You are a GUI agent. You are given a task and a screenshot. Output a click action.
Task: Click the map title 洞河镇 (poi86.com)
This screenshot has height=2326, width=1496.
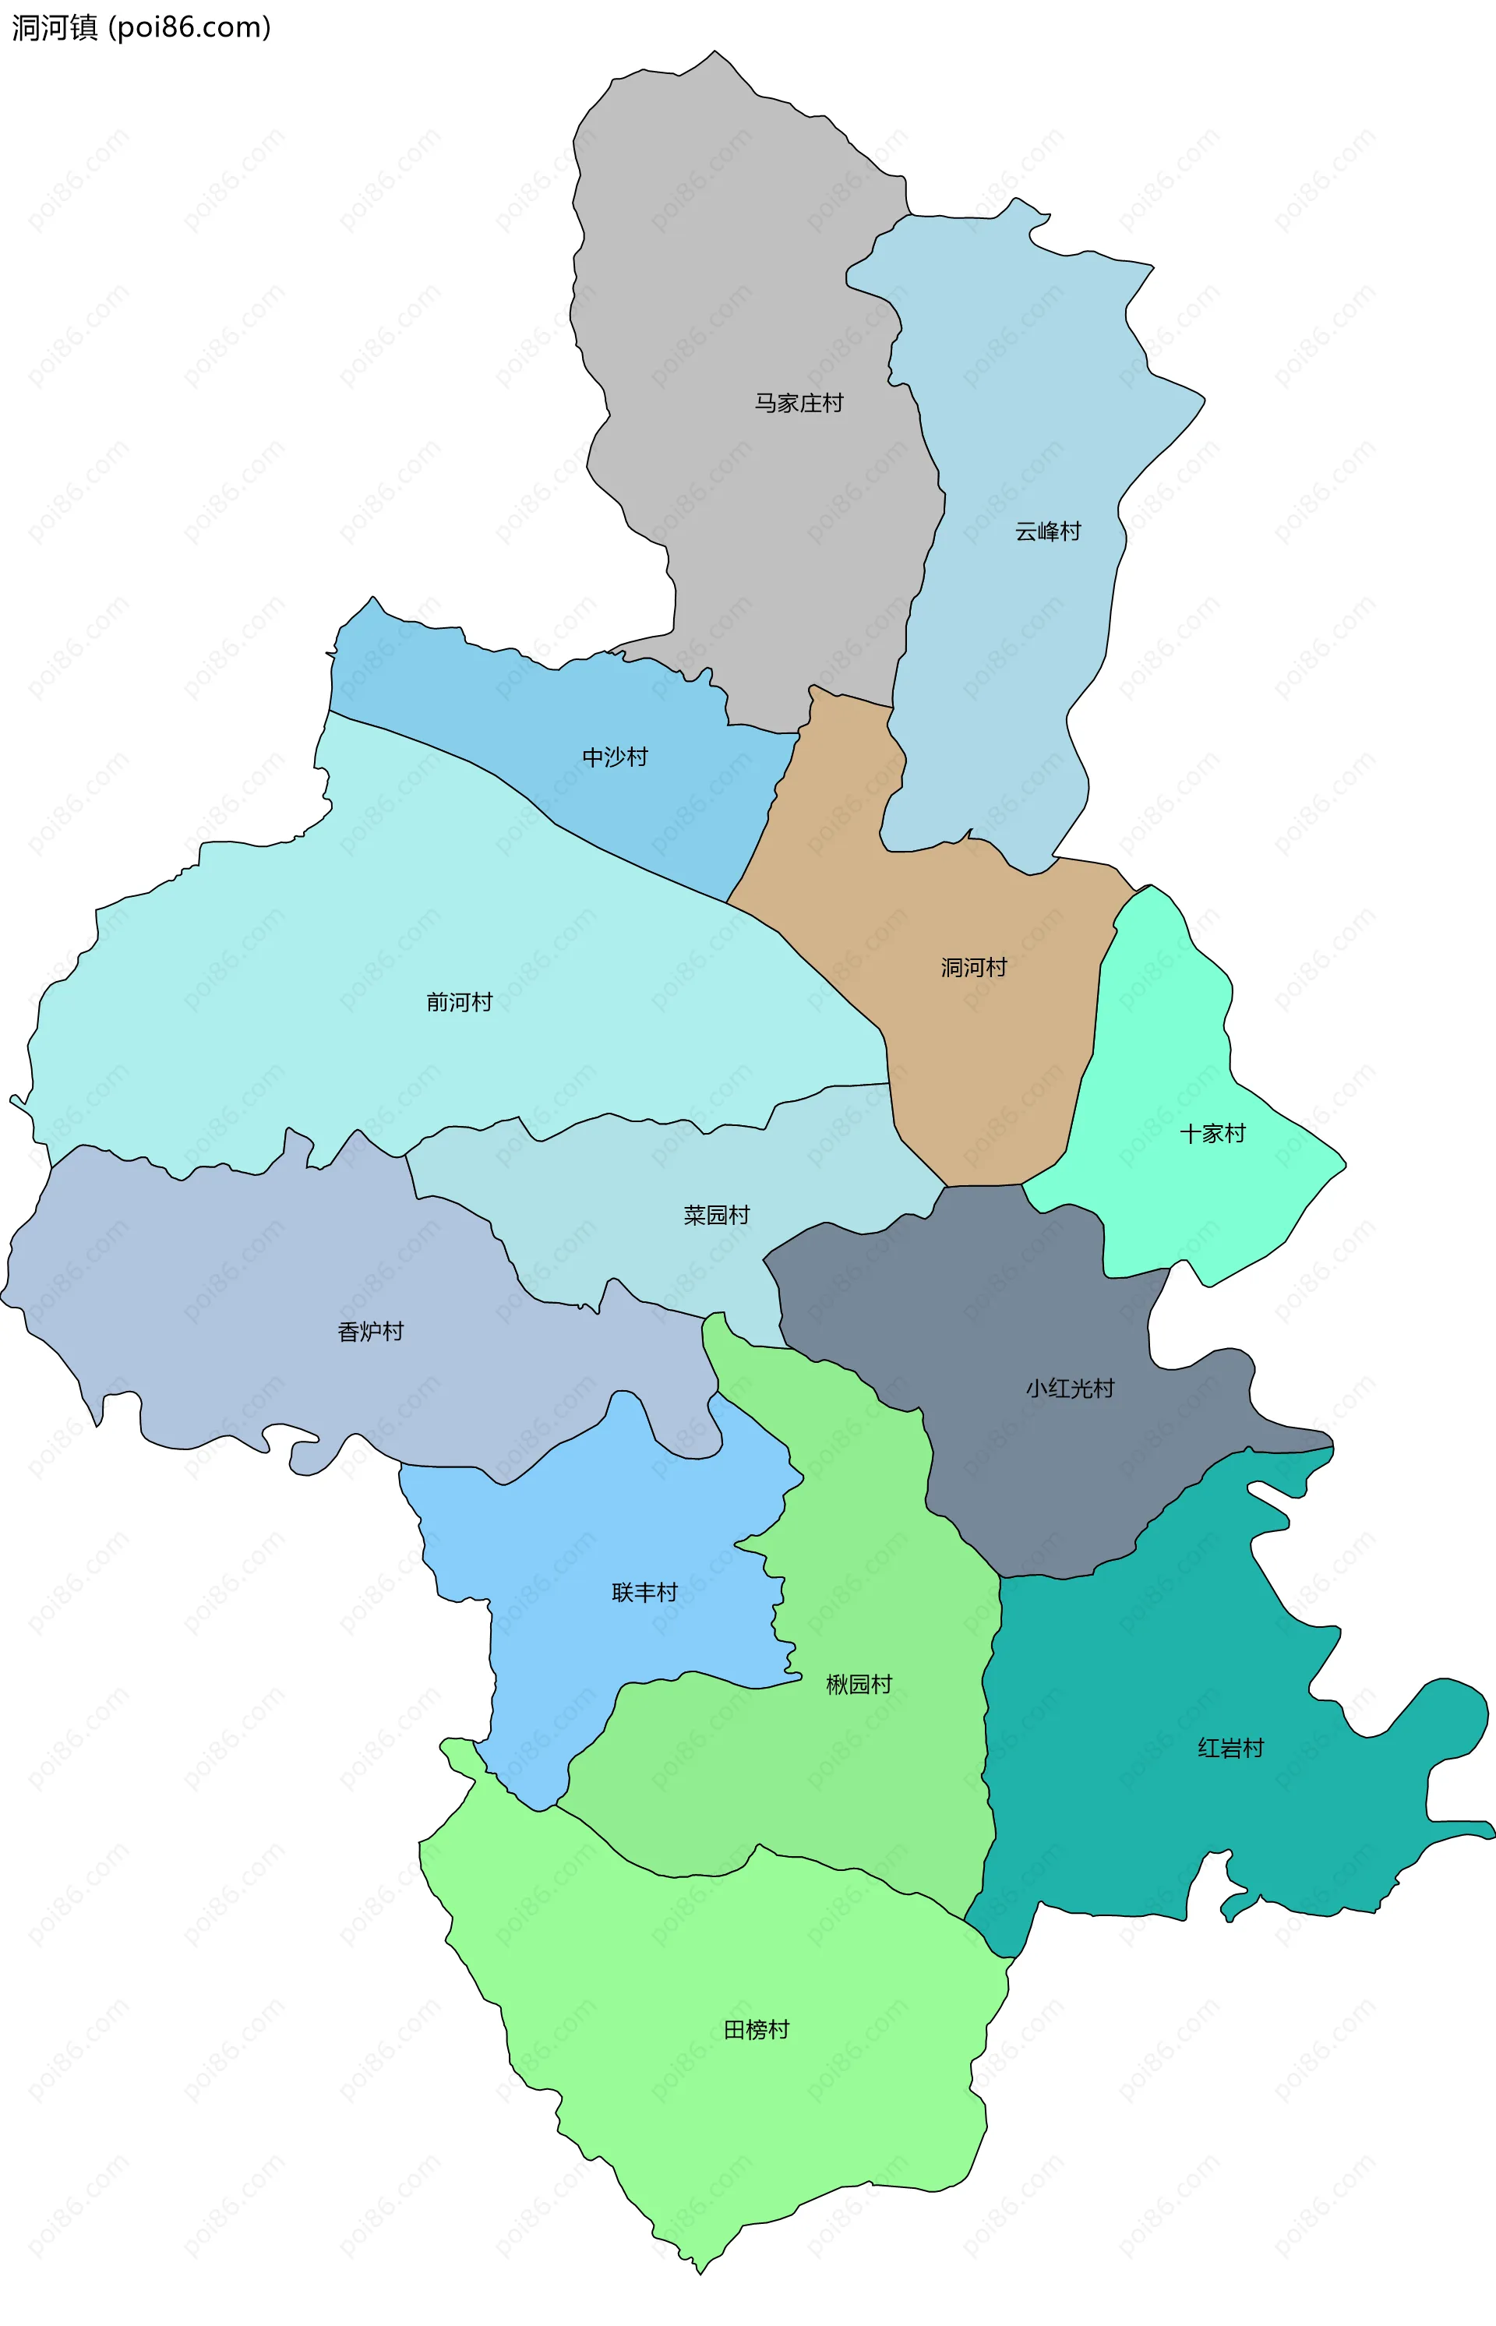coord(141,27)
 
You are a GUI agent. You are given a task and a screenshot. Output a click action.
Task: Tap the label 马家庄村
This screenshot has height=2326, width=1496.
coord(799,403)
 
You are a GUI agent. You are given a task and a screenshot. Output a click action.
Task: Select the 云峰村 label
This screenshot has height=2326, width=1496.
coord(1047,531)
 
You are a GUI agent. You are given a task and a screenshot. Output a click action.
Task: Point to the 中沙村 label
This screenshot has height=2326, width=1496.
coord(615,757)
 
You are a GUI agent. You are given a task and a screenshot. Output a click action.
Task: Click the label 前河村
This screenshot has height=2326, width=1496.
coord(460,1002)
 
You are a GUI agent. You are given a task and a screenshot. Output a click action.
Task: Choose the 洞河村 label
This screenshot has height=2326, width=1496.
coord(973,968)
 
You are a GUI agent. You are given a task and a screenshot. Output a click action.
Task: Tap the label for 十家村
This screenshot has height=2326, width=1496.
coord(1212,1134)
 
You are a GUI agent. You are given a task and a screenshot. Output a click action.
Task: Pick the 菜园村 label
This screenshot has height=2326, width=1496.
coord(717,1216)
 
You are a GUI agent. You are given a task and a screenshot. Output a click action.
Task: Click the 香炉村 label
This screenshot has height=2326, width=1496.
coord(370,1332)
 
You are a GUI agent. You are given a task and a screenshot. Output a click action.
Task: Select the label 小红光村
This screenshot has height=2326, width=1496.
coord(1070,1389)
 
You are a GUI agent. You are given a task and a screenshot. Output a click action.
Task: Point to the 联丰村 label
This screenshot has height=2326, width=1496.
coord(644,1593)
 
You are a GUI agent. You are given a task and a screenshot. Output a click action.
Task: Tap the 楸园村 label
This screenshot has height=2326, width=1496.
coord(859,1685)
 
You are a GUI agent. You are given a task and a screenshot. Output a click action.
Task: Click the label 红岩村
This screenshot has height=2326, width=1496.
coord(1231,1749)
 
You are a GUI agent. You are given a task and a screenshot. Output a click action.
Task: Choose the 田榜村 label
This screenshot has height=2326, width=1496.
coord(757,2030)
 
